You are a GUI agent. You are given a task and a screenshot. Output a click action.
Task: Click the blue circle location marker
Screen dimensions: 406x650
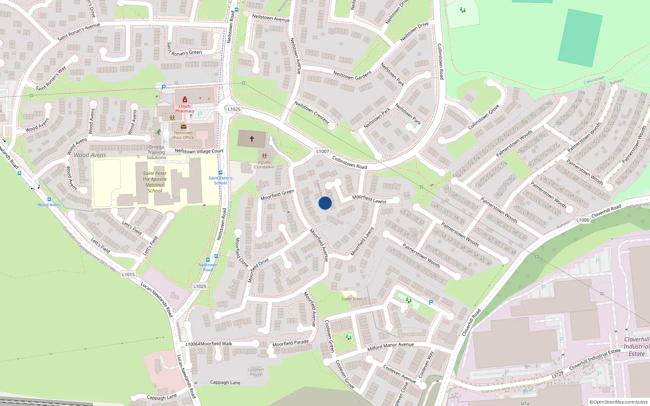[325, 203]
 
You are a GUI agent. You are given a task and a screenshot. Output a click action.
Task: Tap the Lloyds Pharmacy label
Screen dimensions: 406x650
[184, 108]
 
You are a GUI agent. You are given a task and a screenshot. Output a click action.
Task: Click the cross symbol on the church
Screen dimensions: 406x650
[252, 139]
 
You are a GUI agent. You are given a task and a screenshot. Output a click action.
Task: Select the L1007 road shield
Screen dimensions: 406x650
[323, 151]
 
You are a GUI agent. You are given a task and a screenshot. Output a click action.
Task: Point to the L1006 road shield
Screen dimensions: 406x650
[583, 220]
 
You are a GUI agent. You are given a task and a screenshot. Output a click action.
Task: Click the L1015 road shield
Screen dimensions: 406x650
[128, 274]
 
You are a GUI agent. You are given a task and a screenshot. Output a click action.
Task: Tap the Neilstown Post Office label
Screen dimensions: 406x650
[183, 135]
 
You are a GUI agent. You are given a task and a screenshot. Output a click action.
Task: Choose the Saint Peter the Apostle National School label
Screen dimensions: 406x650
[155, 181]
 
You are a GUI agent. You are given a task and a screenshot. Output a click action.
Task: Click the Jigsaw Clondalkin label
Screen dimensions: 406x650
[264, 164]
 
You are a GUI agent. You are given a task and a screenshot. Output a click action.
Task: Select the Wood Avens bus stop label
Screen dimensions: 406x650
[49, 205]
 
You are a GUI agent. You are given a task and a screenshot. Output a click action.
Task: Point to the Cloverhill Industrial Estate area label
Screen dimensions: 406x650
[636, 346]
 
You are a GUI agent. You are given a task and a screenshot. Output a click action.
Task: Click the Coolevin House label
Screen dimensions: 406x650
[256, 371]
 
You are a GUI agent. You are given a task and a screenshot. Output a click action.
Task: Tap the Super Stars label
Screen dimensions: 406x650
[351, 299]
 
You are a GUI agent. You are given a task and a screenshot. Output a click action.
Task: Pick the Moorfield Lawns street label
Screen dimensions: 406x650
[369, 199]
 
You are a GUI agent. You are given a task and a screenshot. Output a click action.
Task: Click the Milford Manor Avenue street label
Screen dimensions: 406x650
[390, 346]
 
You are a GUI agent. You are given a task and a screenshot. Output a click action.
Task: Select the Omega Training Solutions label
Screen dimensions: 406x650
[156, 152]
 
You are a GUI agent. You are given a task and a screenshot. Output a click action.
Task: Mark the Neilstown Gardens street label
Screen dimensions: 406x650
[352, 75]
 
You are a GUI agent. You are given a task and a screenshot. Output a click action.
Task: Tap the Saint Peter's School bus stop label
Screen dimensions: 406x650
[221, 180]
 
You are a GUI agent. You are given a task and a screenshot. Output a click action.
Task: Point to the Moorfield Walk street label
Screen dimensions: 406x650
[216, 343]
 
